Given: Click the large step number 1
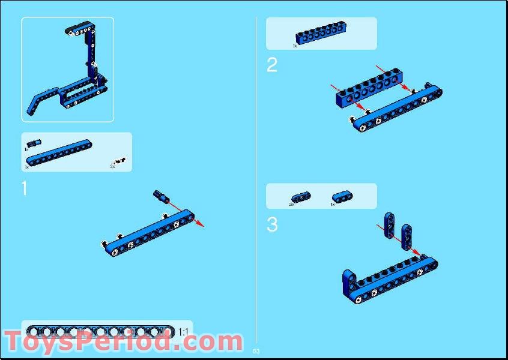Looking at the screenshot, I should pyautogui.click(x=24, y=188).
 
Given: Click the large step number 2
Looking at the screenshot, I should pyautogui.click(x=272, y=65).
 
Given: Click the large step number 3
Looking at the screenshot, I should pyautogui.click(x=272, y=225).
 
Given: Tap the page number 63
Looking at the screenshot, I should pyautogui.click(x=256, y=350).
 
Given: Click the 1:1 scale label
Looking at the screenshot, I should pyautogui.click(x=183, y=332).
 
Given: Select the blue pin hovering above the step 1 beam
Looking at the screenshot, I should pyautogui.click(x=160, y=195).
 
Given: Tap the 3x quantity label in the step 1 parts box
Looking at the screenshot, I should pyautogui.click(x=112, y=166).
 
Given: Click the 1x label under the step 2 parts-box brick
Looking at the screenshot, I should pyautogui.click(x=295, y=45).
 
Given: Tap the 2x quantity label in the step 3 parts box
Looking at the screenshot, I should pyautogui.click(x=291, y=204).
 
